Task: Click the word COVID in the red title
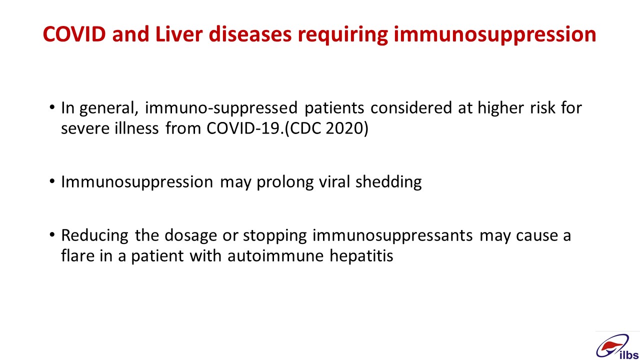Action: [74, 34]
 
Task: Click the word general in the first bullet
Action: [109, 108]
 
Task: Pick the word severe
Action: [85, 128]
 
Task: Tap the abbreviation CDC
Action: [304, 128]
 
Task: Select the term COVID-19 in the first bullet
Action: [243, 128]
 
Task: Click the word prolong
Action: [285, 182]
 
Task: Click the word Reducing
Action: [94, 236]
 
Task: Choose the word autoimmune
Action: [275, 255]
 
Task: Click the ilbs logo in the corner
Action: [617, 346]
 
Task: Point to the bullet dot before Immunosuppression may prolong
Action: [51, 181]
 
